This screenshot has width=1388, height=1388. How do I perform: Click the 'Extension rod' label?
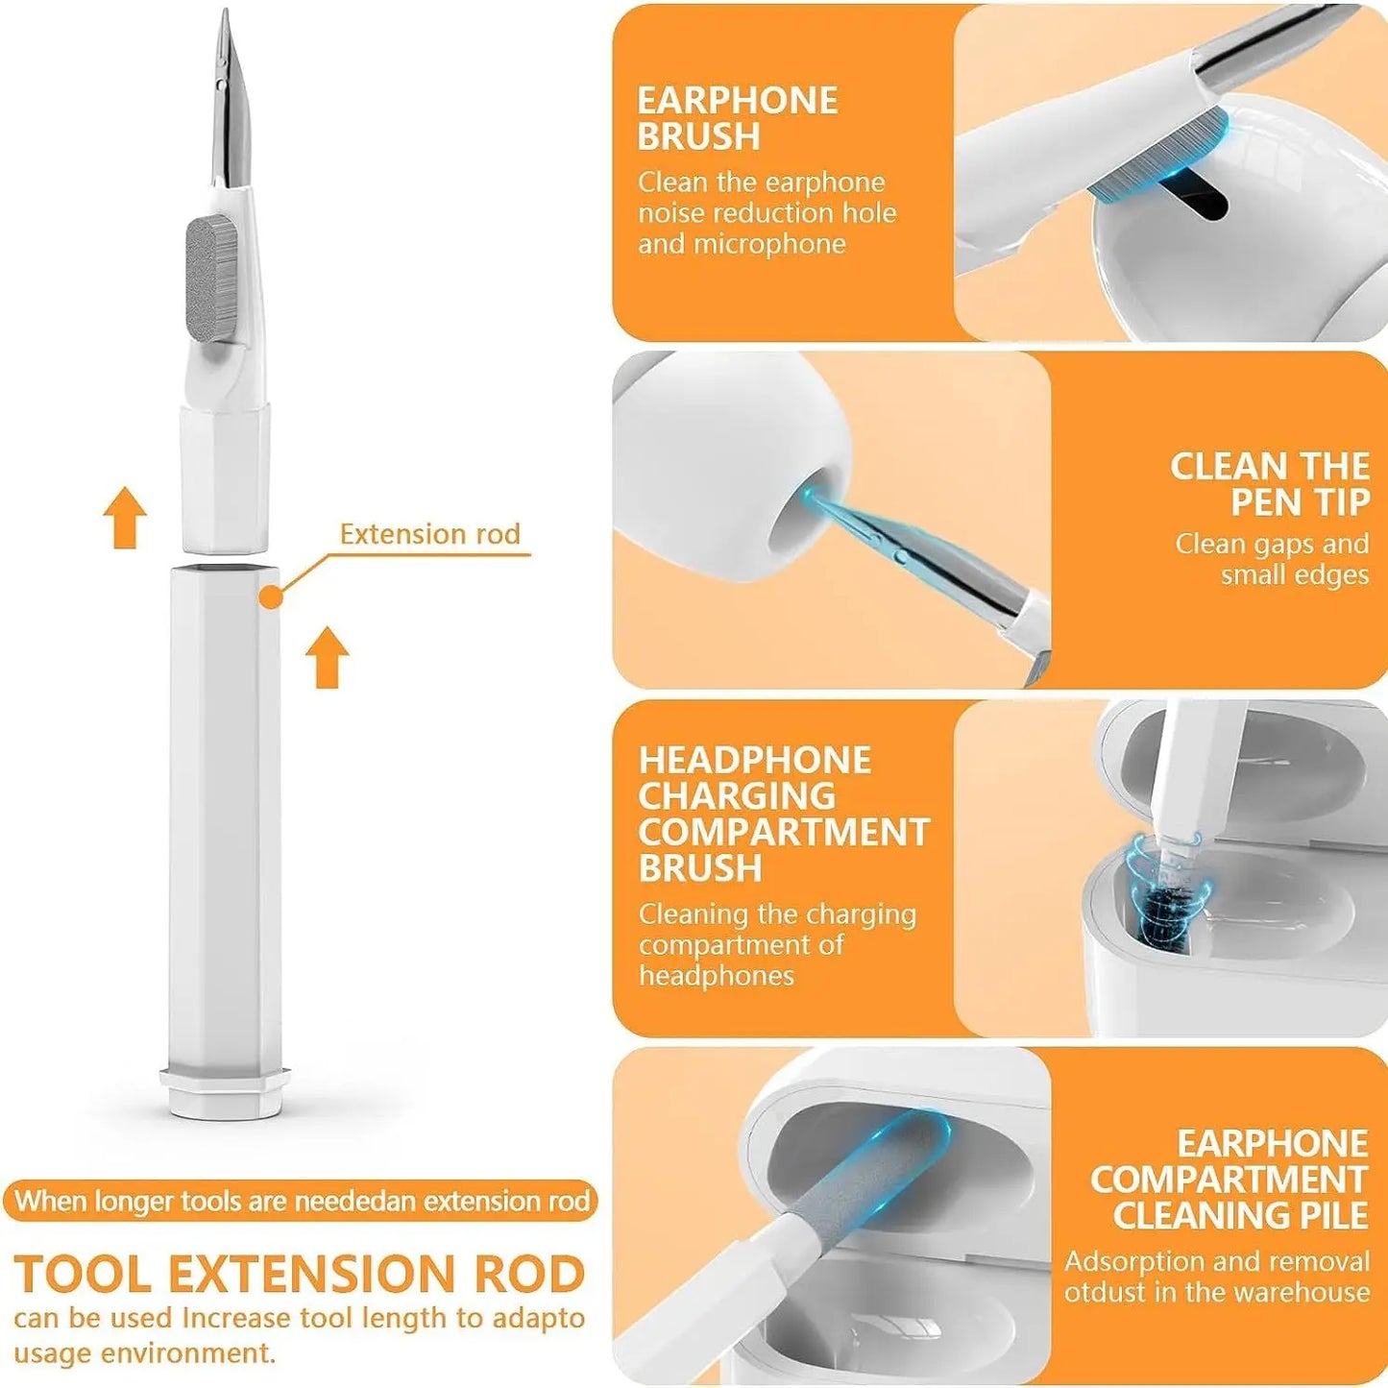coord(429,534)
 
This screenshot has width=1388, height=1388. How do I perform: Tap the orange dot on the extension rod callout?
coord(272,597)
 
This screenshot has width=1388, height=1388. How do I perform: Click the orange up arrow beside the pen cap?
coord(126,518)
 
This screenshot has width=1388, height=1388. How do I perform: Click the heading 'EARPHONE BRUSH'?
coord(737,118)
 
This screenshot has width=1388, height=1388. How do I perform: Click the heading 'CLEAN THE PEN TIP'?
coord(1269,483)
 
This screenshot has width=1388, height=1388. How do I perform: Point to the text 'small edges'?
coord(1294,574)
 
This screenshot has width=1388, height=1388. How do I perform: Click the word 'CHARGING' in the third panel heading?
coord(737,796)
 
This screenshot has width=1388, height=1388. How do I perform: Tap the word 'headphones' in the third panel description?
coord(717,976)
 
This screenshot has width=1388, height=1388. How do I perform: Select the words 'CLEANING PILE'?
coord(1240,1215)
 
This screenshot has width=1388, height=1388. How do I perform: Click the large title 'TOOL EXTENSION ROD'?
coord(300,1275)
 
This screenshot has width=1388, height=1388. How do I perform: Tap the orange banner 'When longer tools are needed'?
coord(300,1202)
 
